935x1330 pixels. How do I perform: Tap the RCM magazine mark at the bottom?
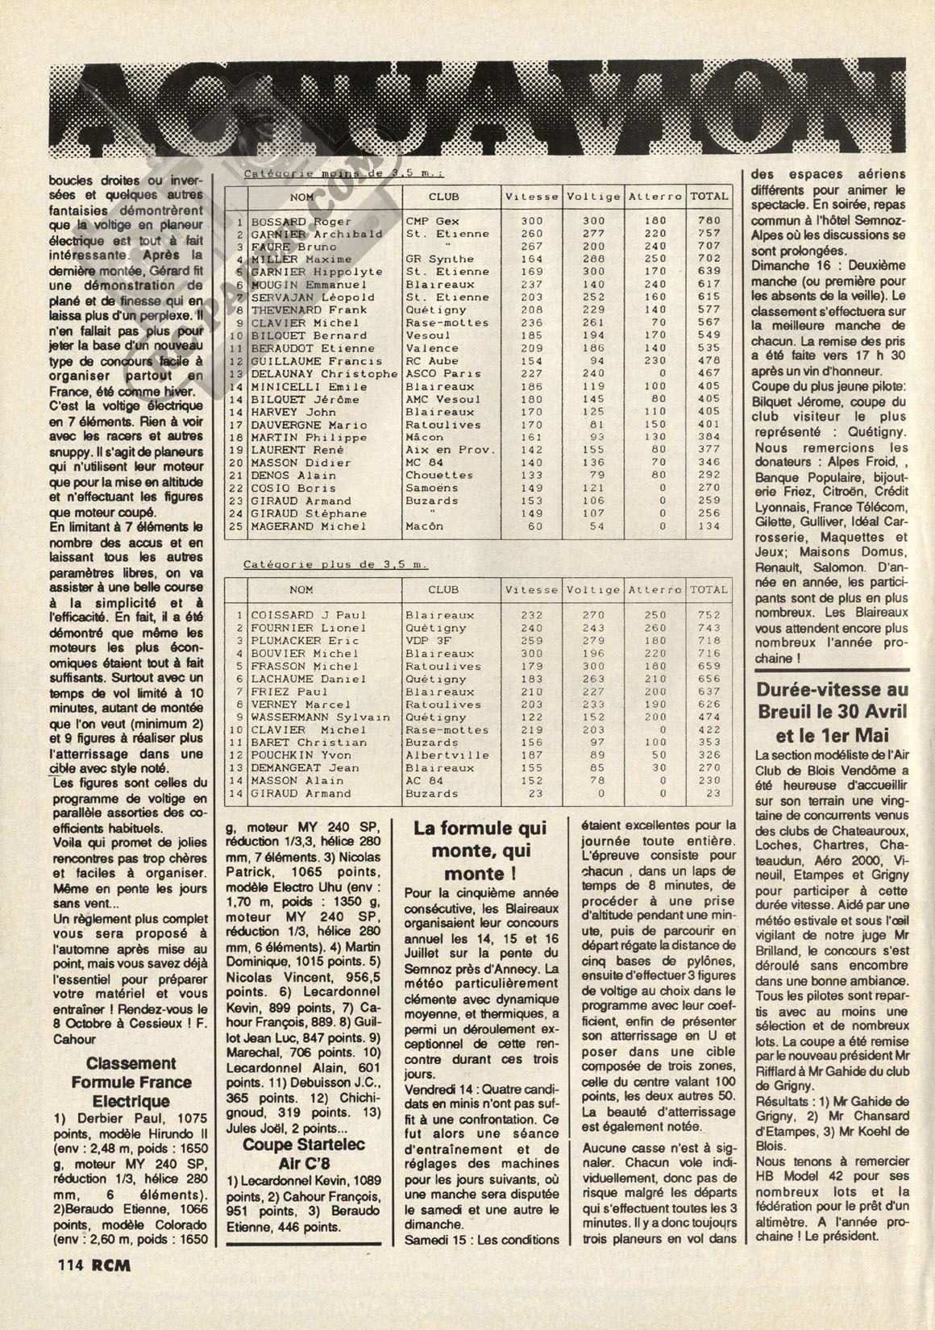tap(111, 1265)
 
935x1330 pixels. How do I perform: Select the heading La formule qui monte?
tap(480, 850)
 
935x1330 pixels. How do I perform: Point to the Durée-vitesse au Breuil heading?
tap(832, 712)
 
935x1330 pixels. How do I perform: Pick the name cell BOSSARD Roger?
tap(290, 221)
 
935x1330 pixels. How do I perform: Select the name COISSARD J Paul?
tap(297, 615)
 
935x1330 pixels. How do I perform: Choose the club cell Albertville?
tap(447, 755)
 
